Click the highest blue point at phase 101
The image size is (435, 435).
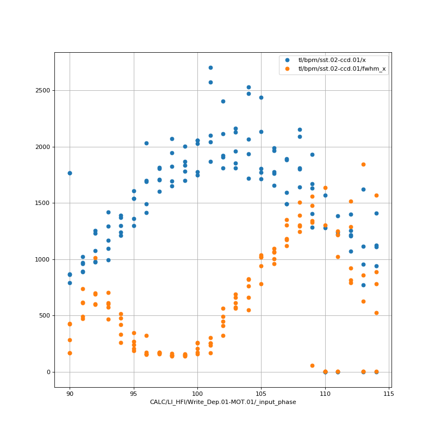point(210,67)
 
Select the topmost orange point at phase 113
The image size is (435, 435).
point(363,164)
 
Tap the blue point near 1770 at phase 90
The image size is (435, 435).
point(70,173)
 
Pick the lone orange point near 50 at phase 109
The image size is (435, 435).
point(312,365)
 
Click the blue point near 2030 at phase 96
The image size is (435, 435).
point(146,143)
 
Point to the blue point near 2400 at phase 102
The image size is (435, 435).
point(223,101)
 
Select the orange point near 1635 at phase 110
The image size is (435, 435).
point(325,188)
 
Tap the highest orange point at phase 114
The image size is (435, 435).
point(376,195)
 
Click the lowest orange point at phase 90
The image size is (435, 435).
point(70,353)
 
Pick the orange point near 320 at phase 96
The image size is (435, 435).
point(146,335)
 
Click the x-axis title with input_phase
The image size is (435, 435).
point(223,402)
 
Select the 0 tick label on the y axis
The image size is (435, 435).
point(48,372)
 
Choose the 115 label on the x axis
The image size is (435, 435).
point(389,393)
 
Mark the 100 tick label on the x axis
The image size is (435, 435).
point(197,393)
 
